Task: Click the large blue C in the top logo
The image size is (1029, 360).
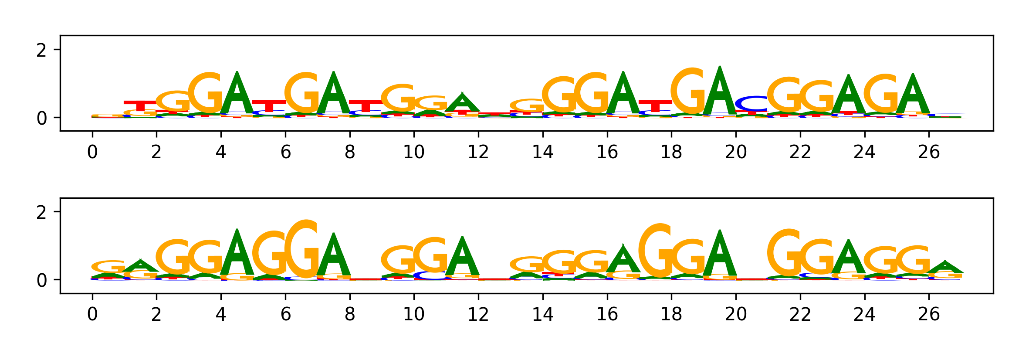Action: pyautogui.click(x=752, y=104)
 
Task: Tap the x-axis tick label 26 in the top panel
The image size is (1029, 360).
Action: pyautogui.click(x=929, y=152)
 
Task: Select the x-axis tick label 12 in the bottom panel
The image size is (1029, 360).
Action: pyautogui.click(x=478, y=314)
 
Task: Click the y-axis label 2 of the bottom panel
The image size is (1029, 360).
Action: pyautogui.click(x=41, y=213)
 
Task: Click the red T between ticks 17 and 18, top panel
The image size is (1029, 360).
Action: pyautogui.click(x=655, y=106)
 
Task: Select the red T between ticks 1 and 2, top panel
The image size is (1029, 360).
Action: pyautogui.click(x=140, y=106)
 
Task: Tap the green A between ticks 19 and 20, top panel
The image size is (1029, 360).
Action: pyautogui.click(x=720, y=92)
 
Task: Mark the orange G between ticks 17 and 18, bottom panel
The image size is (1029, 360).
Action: pyautogui.click(x=655, y=251)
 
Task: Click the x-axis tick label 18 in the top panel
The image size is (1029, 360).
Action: pyautogui.click(x=671, y=152)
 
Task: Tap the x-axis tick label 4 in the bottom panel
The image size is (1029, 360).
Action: pyautogui.click(x=221, y=314)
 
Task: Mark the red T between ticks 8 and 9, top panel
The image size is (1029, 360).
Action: pyautogui.click(x=366, y=106)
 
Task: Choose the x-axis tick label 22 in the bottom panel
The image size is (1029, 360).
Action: pyautogui.click(x=800, y=314)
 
